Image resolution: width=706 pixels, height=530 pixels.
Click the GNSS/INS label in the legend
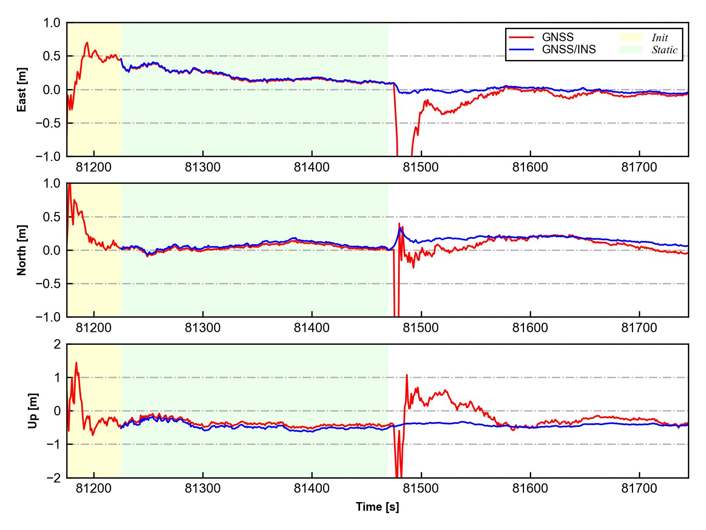[569, 49]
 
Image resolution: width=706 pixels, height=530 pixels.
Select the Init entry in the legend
[660, 38]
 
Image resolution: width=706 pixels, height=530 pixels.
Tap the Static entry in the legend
[664, 50]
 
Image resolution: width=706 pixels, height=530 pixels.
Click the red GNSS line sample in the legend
[521, 37]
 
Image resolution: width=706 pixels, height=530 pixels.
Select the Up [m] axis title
[33, 411]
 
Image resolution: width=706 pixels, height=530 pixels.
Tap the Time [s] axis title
[377, 507]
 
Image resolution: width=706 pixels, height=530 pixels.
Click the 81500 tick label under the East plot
[421, 168]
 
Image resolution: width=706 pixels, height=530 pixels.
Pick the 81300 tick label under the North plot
[203, 328]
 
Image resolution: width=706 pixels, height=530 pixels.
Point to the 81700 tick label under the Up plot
[639, 489]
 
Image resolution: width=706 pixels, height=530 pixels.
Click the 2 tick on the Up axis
[57, 344]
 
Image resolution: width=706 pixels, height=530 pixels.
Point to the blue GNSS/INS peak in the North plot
[400, 228]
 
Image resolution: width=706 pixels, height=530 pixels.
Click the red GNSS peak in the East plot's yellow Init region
[87, 42]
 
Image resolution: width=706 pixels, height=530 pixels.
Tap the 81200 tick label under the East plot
[94, 168]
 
